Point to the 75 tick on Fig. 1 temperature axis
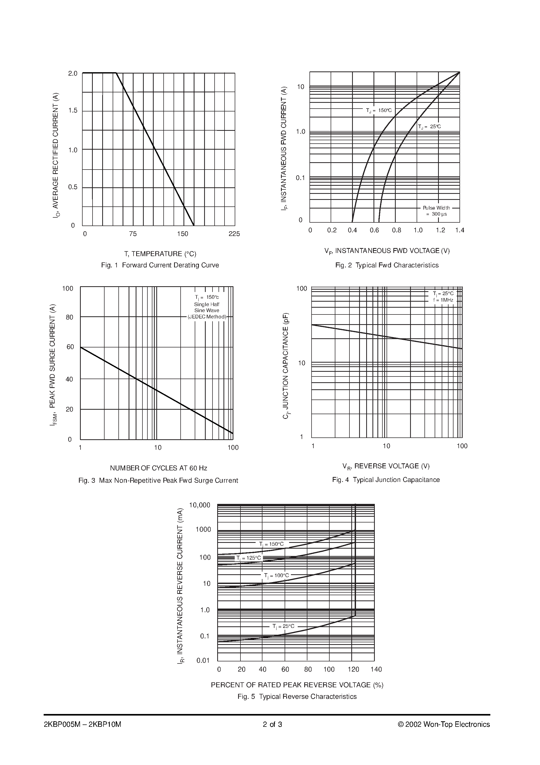(x=133, y=234)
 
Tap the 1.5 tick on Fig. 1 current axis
(x=73, y=111)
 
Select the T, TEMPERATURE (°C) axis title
(x=160, y=254)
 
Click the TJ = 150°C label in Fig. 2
(x=379, y=110)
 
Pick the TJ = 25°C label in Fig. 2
(x=429, y=127)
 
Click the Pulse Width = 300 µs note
(x=436, y=211)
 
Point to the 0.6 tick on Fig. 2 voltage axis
(x=374, y=230)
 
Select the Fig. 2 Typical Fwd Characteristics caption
(x=387, y=265)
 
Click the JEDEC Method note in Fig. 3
(x=207, y=317)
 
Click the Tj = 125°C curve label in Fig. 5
(x=249, y=558)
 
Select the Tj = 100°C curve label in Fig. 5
(x=276, y=575)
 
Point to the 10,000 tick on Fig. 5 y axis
(x=199, y=505)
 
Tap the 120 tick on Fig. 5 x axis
(x=353, y=669)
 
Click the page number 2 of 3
(x=272, y=724)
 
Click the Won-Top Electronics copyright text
(x=444, y=724)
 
